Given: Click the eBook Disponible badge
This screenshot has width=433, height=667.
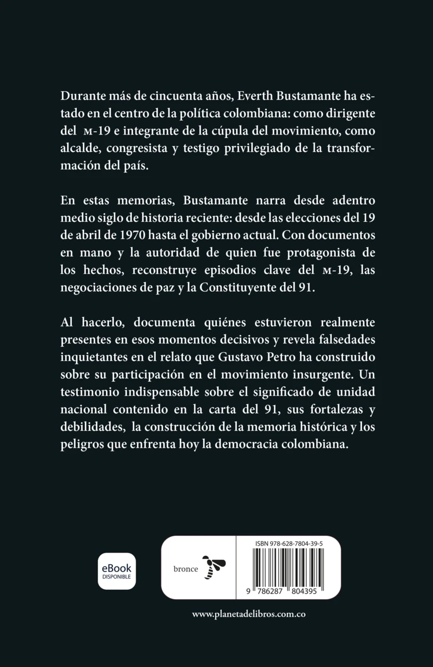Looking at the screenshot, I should click(117, 571).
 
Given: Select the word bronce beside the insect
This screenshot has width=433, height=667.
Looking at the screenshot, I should click(185, 569).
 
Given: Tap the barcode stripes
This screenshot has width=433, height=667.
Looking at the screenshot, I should click(288, 569).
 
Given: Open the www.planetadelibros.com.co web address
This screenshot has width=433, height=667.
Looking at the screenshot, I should click(249, 614).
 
